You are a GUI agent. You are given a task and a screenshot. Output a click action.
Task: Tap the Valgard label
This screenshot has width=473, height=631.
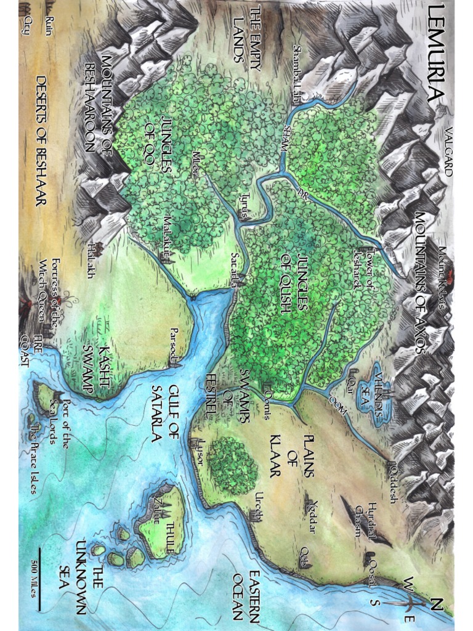coord(448,151)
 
